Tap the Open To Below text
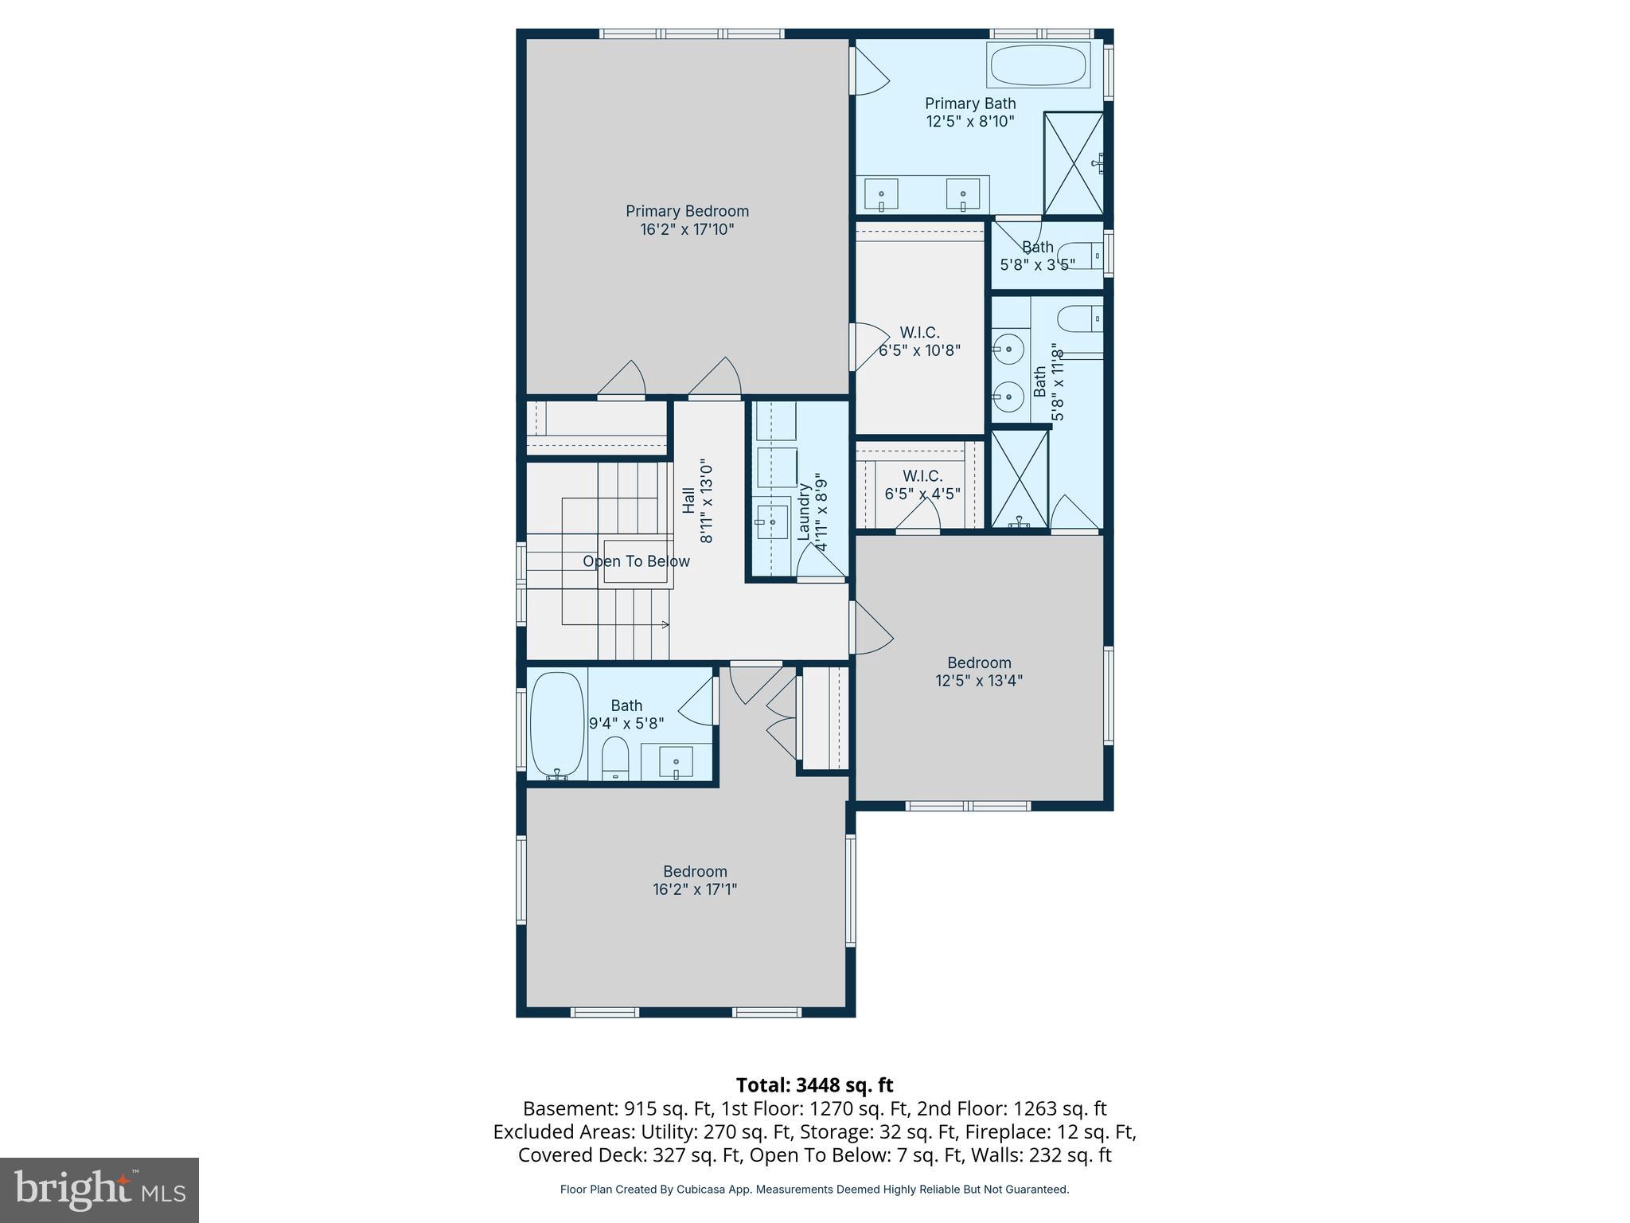tap(636, 561)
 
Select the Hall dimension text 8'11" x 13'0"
tap(707, 501)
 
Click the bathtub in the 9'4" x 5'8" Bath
tap(557, 725)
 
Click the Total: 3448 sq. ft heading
tap(814, 1085)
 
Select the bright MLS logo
tap(99, 1190)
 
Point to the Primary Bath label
tap(969, 104)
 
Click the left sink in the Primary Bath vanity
tap(881, 195)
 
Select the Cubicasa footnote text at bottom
tap(814, 1190)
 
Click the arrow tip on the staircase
tap(667, 625)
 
